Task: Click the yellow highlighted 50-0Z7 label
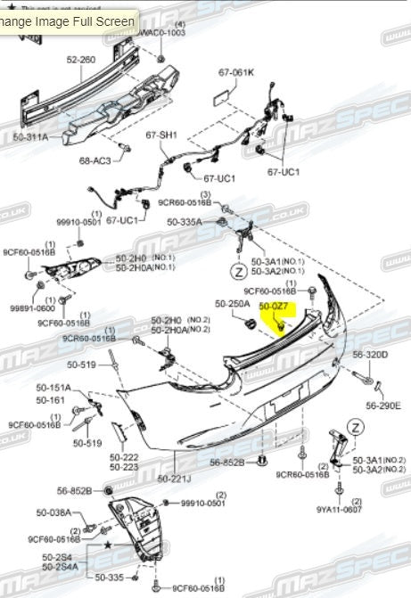click(x=273, y=306)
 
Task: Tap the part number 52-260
click(x=80, y=60)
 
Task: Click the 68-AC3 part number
click(x=95, y=160)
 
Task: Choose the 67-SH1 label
click(x=162, y=135)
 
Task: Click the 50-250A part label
click(x=231, y=305)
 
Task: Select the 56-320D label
click(x=370, y=354)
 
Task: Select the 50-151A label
click(x=53, y=388)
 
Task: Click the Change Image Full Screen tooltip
click(x=68, y=20)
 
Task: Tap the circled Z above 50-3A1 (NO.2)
click(x=355, y=428)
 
